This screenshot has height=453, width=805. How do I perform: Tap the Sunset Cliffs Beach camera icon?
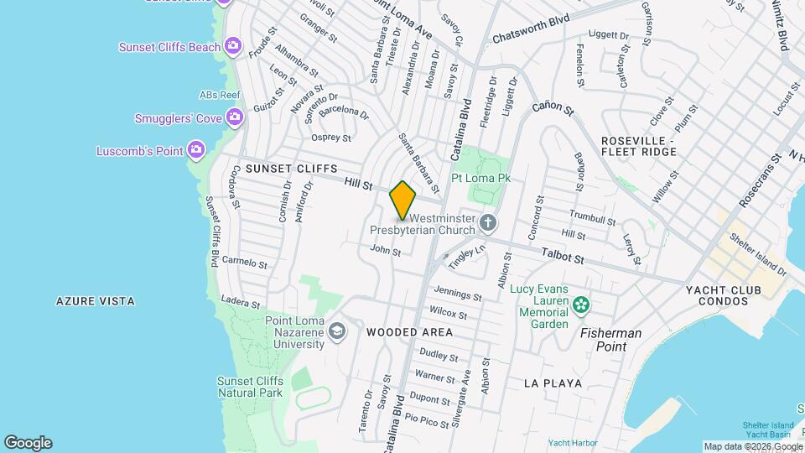click(233, 46)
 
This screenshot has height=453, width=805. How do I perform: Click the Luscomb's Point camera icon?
click(196, 150)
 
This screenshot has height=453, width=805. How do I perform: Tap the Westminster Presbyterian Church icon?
click(488, 223)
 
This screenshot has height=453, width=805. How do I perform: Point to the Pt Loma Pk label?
click(481, 178)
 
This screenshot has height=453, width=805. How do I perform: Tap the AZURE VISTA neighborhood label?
click(96, 300)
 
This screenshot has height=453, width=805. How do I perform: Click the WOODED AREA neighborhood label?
click(410, 332)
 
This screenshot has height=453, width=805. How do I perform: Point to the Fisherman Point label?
click(611, 333)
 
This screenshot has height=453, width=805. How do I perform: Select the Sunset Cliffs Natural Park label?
click(250, 386)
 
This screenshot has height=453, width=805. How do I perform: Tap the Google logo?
click(28, 442)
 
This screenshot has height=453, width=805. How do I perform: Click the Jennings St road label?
click(457, 294)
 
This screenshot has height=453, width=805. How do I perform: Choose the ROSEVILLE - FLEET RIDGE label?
click(638, 146)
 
